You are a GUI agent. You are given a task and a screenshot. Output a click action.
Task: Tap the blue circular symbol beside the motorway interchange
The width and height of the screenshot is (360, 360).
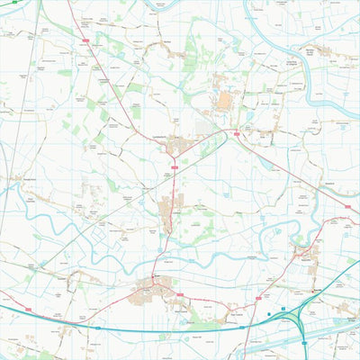tap(269, 314)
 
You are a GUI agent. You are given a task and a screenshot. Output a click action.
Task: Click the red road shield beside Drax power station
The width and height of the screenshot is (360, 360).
tap(237, 133)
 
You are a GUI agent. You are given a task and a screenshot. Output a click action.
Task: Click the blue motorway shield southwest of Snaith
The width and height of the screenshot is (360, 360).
tap(98, 328)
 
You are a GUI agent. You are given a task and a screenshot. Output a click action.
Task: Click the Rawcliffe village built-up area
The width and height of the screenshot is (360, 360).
tap(307, 252)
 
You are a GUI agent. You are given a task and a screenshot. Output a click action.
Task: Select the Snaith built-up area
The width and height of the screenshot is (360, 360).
tap(144, 292)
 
